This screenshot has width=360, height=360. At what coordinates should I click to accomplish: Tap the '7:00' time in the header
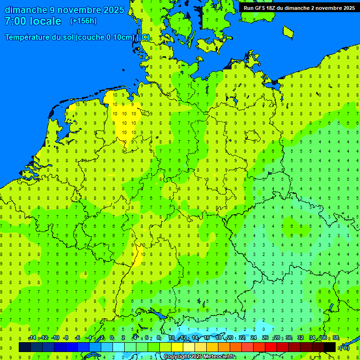15,21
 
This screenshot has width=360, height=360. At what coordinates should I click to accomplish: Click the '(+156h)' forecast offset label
83,21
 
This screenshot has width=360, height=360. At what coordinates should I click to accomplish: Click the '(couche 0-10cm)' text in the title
105,37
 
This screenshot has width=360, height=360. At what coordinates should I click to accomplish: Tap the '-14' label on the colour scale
32,338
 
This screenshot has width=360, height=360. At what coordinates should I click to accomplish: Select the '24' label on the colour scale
254,338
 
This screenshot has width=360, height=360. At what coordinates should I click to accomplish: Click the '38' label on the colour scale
336,338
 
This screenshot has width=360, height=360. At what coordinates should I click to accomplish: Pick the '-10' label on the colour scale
55,338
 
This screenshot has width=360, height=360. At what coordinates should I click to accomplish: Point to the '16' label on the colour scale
207,338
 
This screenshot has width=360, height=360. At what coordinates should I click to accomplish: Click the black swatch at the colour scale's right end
330,347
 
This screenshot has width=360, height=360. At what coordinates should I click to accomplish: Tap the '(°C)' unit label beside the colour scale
344,347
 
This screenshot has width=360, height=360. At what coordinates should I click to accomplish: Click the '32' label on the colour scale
300,338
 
